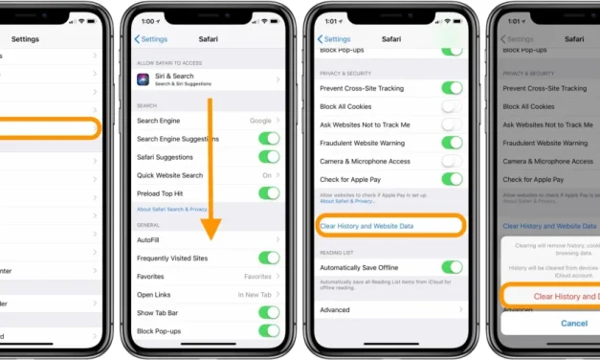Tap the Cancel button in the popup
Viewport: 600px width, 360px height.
[573, 324]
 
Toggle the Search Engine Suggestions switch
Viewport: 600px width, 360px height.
[269, 139]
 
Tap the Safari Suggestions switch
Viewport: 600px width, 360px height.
[269, 157]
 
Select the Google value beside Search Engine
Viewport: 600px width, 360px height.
[259, 121]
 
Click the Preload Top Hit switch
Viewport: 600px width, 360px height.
[269, 192]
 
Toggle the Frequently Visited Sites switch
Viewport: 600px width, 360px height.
[269, 258]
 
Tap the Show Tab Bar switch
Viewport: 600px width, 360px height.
[269, 312]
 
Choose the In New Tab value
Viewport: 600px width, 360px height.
[255, 294]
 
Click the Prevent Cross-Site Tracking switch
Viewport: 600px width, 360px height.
[451, 88]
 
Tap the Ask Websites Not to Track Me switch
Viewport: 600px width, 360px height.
[451, 124]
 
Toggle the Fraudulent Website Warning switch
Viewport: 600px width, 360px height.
[451, 143]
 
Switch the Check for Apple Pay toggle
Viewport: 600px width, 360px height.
[451, 178]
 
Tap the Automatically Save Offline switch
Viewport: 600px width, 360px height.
[451, 268]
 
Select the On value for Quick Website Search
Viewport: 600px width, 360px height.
[266, 175]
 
